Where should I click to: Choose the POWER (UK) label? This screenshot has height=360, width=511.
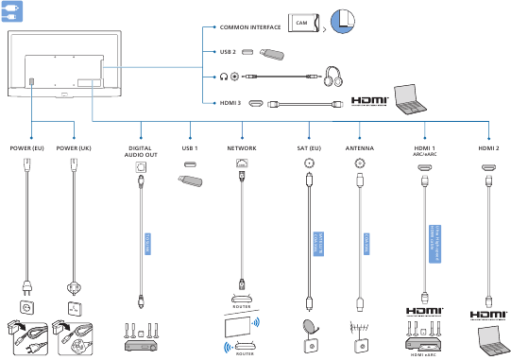(x=74, y=148)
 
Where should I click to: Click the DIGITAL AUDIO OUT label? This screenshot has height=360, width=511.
(x=142, y=153)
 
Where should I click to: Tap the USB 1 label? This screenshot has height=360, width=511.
(x=192, y=148)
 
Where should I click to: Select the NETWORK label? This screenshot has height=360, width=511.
(x=242, y=148)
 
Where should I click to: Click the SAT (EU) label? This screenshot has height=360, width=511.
(x=309, y=148)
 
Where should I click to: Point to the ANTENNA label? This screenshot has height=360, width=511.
(x=359, y=148)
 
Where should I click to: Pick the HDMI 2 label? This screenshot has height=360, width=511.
(x=488, y=148)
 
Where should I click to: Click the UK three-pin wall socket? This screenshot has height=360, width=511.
(x=73, y=308)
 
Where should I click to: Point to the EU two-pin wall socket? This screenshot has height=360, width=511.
(x=26, y=308)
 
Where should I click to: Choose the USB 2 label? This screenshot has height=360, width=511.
(x=228, y=52)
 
